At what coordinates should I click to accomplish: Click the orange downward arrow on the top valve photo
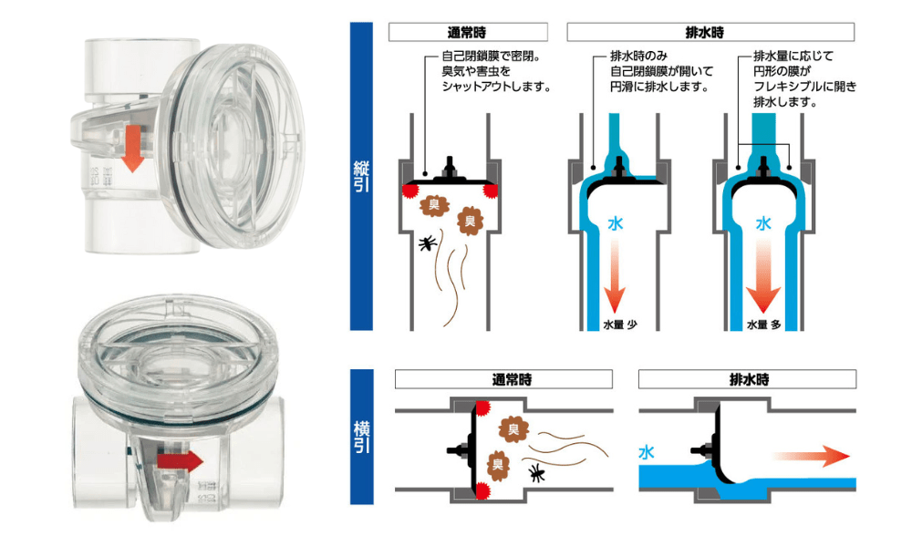point(131,149)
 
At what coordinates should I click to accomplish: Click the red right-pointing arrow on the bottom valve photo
point(179,461)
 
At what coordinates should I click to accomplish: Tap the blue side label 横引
point(362,437)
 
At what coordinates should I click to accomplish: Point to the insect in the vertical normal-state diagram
point(427,243)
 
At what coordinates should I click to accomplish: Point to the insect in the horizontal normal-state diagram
point(537,471)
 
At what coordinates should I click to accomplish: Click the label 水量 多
point(764,324)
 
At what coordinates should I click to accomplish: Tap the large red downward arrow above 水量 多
point(764,282)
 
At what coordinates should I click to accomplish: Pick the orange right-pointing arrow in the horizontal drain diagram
point(813,455)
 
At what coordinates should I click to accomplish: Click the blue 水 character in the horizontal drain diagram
point(647,451)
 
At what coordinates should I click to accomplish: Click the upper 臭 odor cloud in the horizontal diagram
point(512,428)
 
